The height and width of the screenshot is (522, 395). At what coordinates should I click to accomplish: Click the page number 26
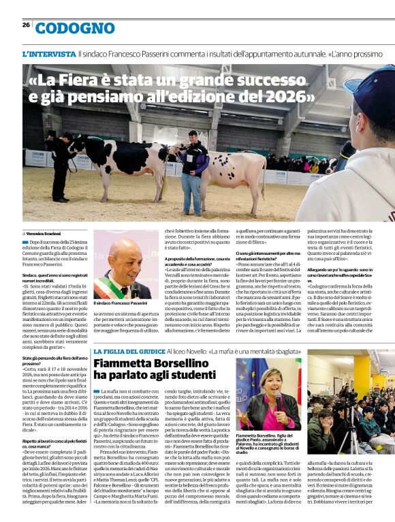(x=26, y=25)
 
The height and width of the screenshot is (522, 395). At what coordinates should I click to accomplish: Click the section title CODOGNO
(x=75, y=28)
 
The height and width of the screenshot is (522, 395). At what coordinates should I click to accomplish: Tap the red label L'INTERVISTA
(x=49, y=53)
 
